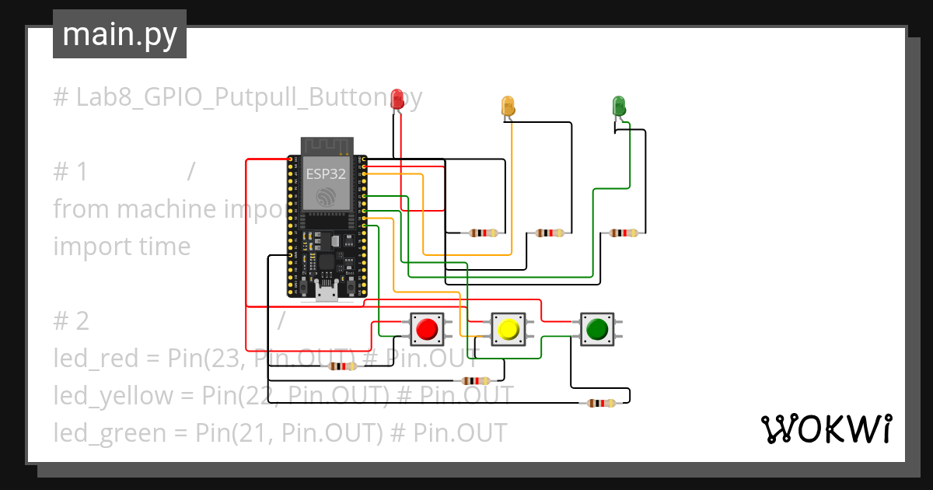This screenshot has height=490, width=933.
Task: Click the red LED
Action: (397, 99)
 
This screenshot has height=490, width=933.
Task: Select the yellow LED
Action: (508, 107)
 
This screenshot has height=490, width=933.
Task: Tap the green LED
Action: (619, 106)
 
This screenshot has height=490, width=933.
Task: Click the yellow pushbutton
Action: (508, 330)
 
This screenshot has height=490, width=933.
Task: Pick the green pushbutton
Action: (596, 330)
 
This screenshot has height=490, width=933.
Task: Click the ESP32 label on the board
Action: (326, 174)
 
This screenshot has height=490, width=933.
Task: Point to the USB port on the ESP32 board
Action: (327, 292)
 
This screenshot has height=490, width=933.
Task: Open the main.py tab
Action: (119, 34)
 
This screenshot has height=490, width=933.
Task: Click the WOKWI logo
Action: (825, 429)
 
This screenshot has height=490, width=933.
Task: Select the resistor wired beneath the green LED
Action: (624, 233)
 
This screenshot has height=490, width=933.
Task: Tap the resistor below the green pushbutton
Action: (601, 403)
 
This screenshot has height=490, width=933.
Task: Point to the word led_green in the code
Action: (110, 432)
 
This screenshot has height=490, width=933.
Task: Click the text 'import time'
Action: (121, 247)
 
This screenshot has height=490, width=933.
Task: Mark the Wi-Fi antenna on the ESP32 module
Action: (327, 145)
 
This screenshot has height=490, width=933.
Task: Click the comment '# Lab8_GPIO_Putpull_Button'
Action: (225, 97)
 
